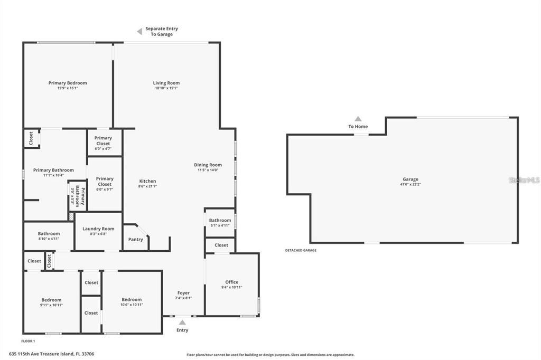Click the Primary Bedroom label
click(x=68, y=83)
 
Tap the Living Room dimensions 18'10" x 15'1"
click(x=166, y=89)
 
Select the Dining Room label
click(x=208, y=165)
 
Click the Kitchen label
click(x=147, y=181)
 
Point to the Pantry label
click(x=136, y=240)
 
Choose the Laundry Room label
click(x=98, y=229)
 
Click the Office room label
click(x=232, y=282)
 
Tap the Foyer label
click(x=183, y=293)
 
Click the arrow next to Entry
click(x=182, y=321)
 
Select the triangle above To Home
click(x=358, y=119)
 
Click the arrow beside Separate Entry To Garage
click(x=139, y=32)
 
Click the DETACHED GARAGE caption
click(x=301, y=250)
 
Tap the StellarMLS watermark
click(x=524, y=180)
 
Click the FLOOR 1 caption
click(x=29, y=342)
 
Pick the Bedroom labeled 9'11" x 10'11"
click(x=51, y=302)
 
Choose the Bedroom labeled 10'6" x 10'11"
click(x=132, y=302)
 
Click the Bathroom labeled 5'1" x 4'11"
click(x=220, y=223)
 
